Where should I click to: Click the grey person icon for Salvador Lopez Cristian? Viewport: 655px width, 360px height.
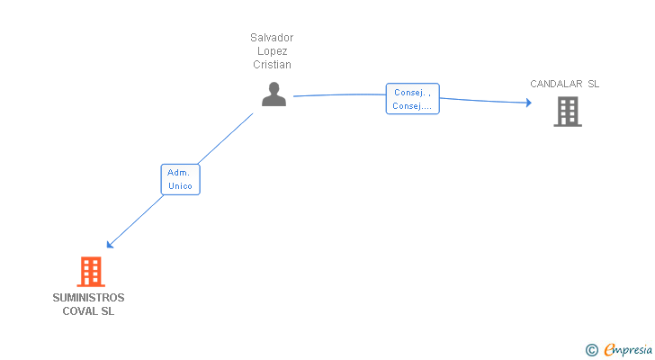pos(274,94)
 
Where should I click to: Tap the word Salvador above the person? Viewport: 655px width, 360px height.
pos(272,38)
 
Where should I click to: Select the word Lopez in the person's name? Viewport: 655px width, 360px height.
pos(272,51)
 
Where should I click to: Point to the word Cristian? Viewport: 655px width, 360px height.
pos(272,65)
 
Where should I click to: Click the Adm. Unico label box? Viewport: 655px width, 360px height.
pos(180,179)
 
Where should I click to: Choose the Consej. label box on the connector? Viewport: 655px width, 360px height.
pos(412,99)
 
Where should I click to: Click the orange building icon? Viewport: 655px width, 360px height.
pos(90,271)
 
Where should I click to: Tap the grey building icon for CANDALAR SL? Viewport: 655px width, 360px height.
pos(567,111)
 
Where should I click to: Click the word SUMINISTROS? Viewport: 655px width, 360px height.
pos(88,298)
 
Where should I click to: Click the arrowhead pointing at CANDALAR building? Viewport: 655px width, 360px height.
pos(528,103)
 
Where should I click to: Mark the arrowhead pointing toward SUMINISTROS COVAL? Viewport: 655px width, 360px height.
pos(109,245)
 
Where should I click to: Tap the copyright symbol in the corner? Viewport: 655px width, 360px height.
pos(591,350)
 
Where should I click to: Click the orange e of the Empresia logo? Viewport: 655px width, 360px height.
pos(609,350)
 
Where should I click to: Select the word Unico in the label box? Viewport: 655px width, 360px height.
pos(180,186)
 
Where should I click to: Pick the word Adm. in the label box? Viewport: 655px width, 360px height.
pos(180,172)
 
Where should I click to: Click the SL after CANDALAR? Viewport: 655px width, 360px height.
pos(593,84)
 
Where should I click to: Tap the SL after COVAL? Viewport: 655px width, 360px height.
pos(108,311)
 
